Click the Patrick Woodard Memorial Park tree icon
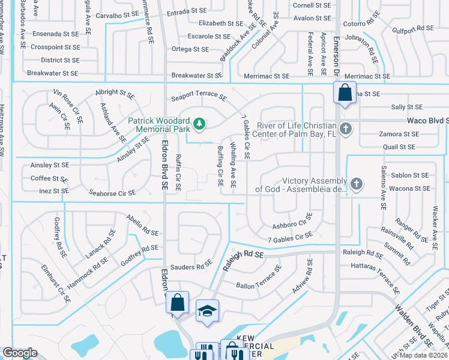coord(199,125)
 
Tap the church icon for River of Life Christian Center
coord(345,128)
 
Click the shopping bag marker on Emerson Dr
coord(345,94)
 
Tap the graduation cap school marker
coord(207,311)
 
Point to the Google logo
coord(20,353)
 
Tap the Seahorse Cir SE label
coord(112,193)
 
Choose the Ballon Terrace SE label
coord(259,278)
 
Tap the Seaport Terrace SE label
coord(199,96)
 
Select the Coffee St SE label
coord(49,178)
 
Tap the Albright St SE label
coord(115,94)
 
